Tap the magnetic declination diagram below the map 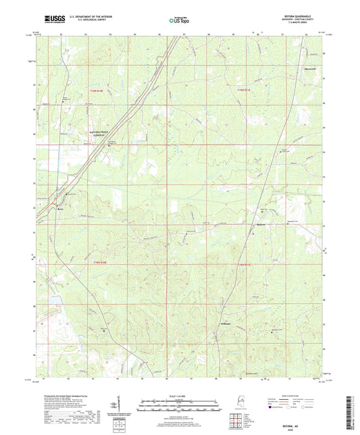123,407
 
